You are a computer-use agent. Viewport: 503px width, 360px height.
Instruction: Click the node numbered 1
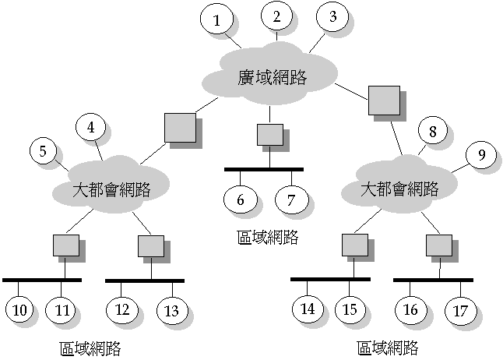(217, 21)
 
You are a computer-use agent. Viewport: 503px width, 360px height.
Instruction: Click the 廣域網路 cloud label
(271, 77)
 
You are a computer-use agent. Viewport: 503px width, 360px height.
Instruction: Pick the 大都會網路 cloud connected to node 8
(400, 189)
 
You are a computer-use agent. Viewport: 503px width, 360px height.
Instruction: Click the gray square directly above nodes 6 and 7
(269, 134)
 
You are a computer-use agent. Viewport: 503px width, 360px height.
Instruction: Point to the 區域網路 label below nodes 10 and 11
(90, 347)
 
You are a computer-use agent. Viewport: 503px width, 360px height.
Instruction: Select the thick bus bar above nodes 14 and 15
(329, 278)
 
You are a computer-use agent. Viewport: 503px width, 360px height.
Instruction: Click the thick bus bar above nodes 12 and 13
(144, 280)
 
